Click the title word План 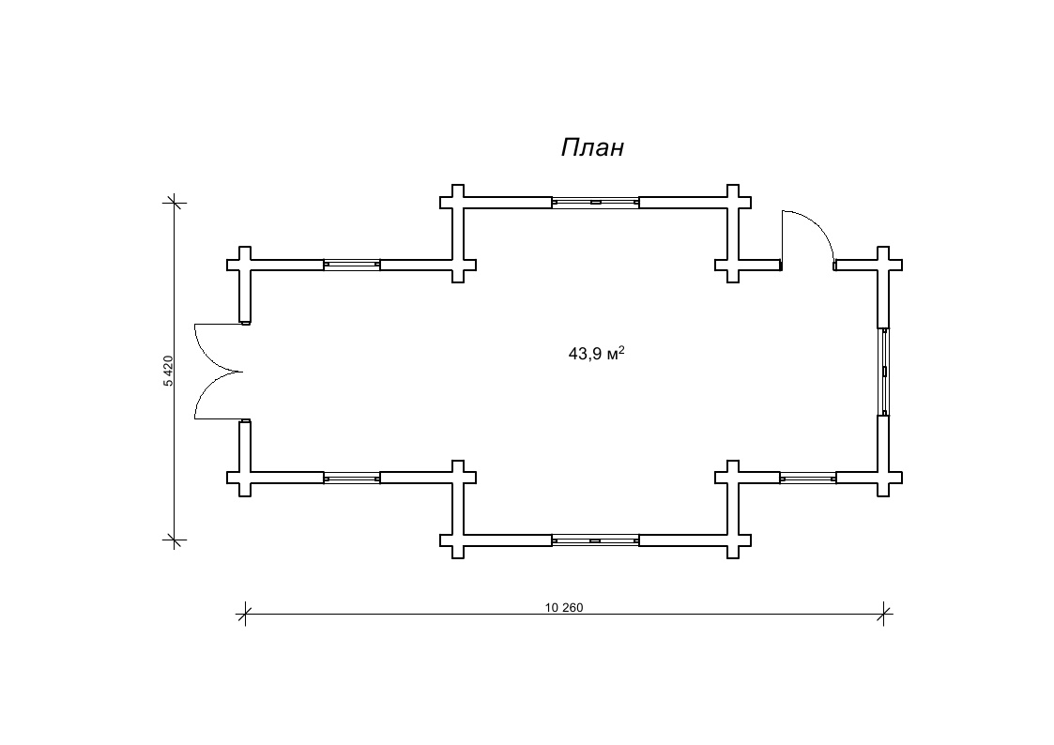[592, 147]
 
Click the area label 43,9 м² [597, 354]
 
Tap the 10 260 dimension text [564, 608]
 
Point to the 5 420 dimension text [168, 371]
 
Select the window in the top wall [596, 203]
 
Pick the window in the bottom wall [596, 540]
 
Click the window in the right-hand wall [885, 372]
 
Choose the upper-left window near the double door [352, 265]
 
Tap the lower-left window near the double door [352, 478]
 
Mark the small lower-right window [808, 478]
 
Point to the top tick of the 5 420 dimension [175, 203]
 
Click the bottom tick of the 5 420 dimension [175, 540]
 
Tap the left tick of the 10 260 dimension [245, 614]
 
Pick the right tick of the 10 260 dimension [885, 614]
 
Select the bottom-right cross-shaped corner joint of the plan [885, 478]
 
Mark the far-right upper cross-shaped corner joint [885, 264]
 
